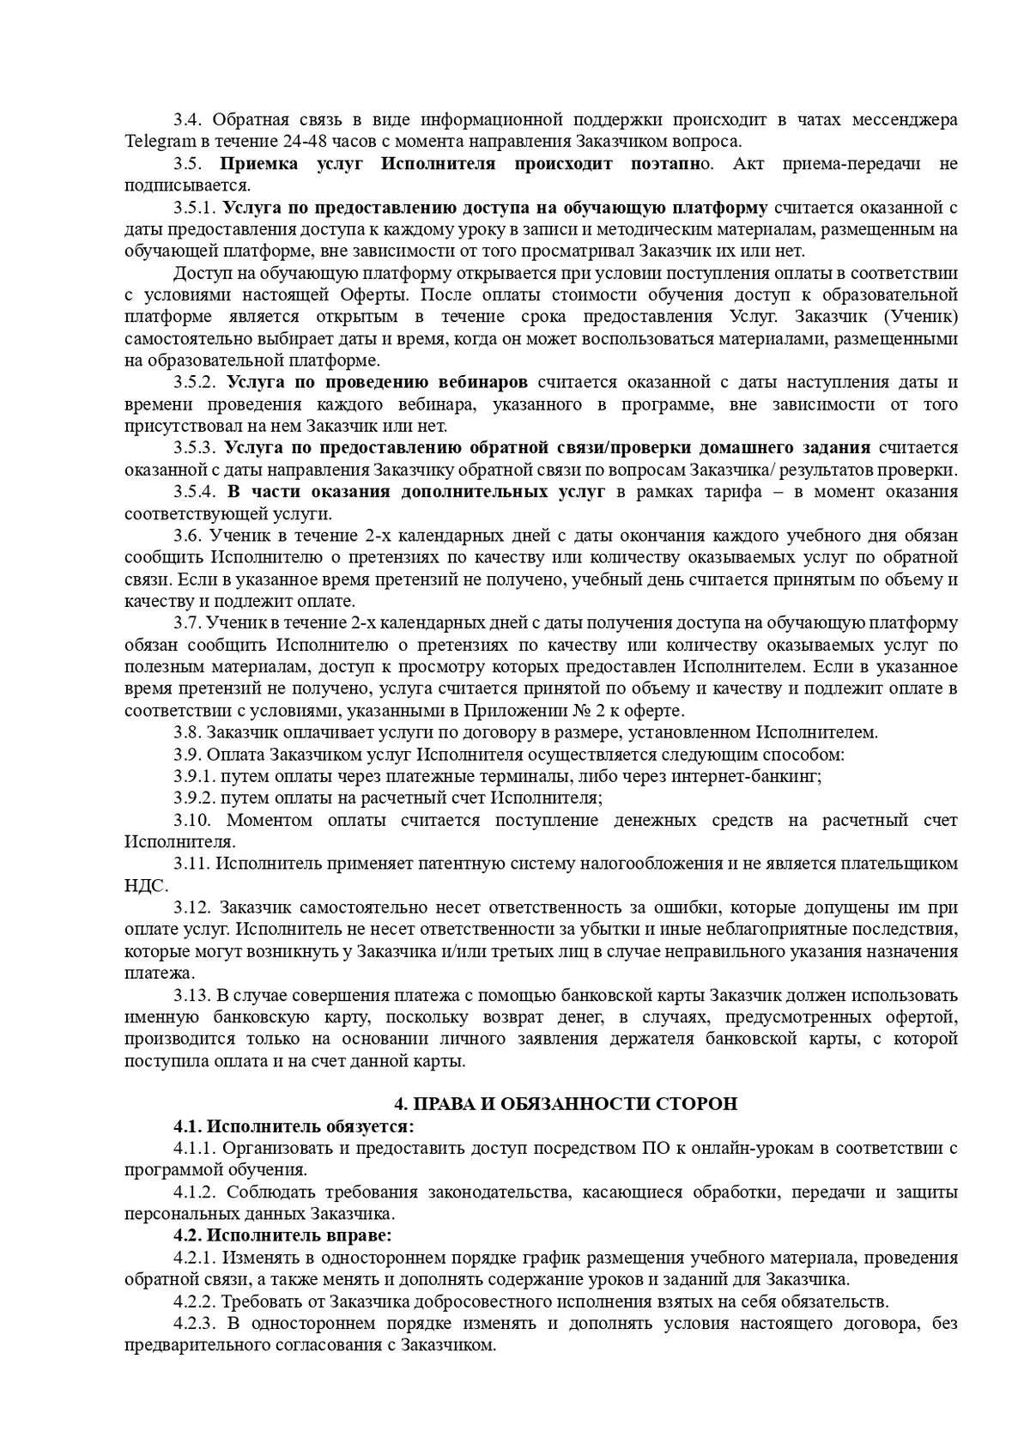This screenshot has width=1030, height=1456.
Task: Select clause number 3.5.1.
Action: [195, 208]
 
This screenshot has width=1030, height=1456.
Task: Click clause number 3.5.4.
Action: [197, 492]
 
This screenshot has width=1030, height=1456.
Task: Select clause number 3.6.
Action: [187, 536]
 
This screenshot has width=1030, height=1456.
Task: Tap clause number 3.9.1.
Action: [194, 776]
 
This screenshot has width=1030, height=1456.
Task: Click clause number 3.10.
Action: [192, 820]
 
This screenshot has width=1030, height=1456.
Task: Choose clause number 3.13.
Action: [192, 995]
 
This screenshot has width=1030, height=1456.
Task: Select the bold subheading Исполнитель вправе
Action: [300, 1235]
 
